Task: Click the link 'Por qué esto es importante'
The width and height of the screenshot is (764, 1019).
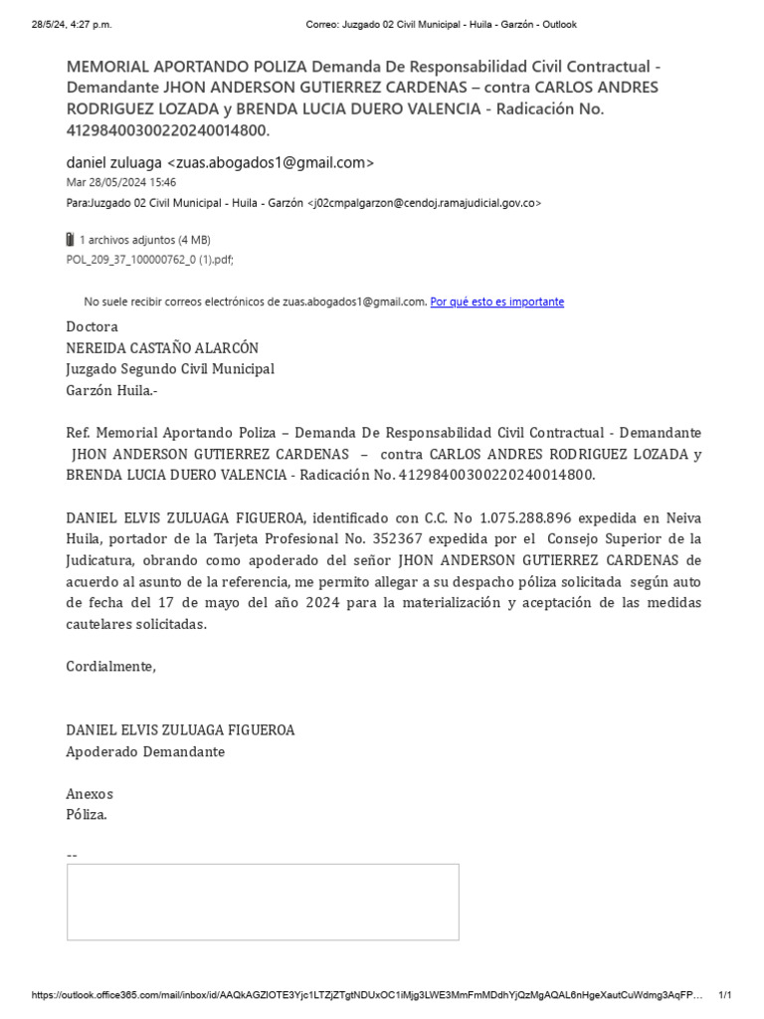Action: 496,302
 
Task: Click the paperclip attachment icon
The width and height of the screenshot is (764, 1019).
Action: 70,240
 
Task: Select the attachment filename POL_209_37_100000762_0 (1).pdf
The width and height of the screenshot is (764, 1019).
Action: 149,258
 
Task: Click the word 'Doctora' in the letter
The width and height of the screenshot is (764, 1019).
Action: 92,326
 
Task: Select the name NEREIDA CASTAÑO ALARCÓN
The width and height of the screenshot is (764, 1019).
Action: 162,347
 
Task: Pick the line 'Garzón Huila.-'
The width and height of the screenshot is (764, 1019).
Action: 111,390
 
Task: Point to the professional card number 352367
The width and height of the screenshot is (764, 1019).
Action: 345,538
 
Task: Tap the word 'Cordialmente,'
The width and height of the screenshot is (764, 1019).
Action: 111,666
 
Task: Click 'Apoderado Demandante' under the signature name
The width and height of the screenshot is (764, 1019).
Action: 145,751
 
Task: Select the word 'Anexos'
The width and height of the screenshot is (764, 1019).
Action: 90,793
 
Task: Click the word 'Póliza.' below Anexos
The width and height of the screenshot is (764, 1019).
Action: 87,814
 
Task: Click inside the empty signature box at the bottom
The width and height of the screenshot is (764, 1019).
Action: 263,902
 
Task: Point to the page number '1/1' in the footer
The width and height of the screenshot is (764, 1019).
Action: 724,995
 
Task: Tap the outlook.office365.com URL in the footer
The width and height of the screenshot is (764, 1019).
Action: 368,995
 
